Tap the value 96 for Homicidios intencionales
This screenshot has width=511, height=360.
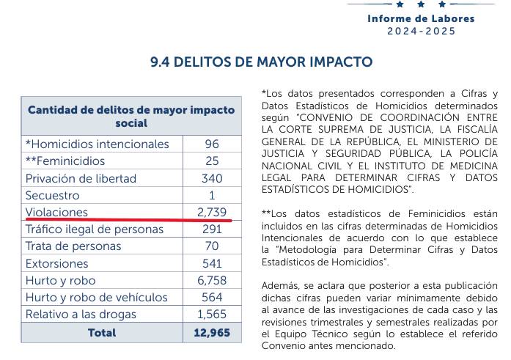pyautogui.click(x=212, y=144)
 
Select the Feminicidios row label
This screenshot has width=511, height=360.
pyautogui.click(x=65, y=161)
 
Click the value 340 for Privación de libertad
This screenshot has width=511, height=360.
pyautogui.click(x=212, y=178)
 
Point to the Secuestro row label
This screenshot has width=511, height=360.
pyautogui.click(x=52, y=196)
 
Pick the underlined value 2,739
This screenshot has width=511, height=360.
pyautogui.click(x=212, y=213)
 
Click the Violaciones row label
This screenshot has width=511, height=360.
pyautogui.click(x=56, y=213)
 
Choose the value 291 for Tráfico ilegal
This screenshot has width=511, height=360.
pyautogui.click(x=212, y=229)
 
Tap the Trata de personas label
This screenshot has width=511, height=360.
pyautogui.click(x=73, y=246)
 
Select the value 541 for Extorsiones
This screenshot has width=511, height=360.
pyautogui.click(x=212, y=263)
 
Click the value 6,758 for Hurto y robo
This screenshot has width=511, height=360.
pyautogui.click(x=212, y=281)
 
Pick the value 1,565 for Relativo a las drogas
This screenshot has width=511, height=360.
pyautogui.click(x=212, y=315)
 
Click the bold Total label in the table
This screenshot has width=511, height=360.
pyautogui.click(x=102, y=333)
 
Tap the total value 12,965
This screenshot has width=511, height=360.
pyautogui.click(x=212, y=333)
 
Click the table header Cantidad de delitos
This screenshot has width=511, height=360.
pyautogui.click(x=131, y=116)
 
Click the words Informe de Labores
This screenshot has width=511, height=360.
pyautogui.click(x=421, y=19)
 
